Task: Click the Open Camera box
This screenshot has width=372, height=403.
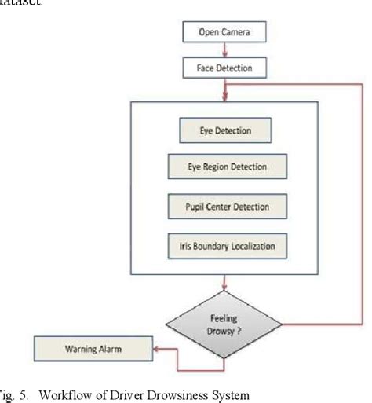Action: tap(225, 33)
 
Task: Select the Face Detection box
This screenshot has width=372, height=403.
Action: tap(225, 68)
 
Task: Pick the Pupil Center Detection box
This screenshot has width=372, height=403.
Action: tap(227, 207)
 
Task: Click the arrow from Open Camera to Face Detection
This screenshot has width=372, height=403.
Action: tap(225, 50)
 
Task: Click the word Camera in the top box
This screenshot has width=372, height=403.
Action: tap(239, 33)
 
